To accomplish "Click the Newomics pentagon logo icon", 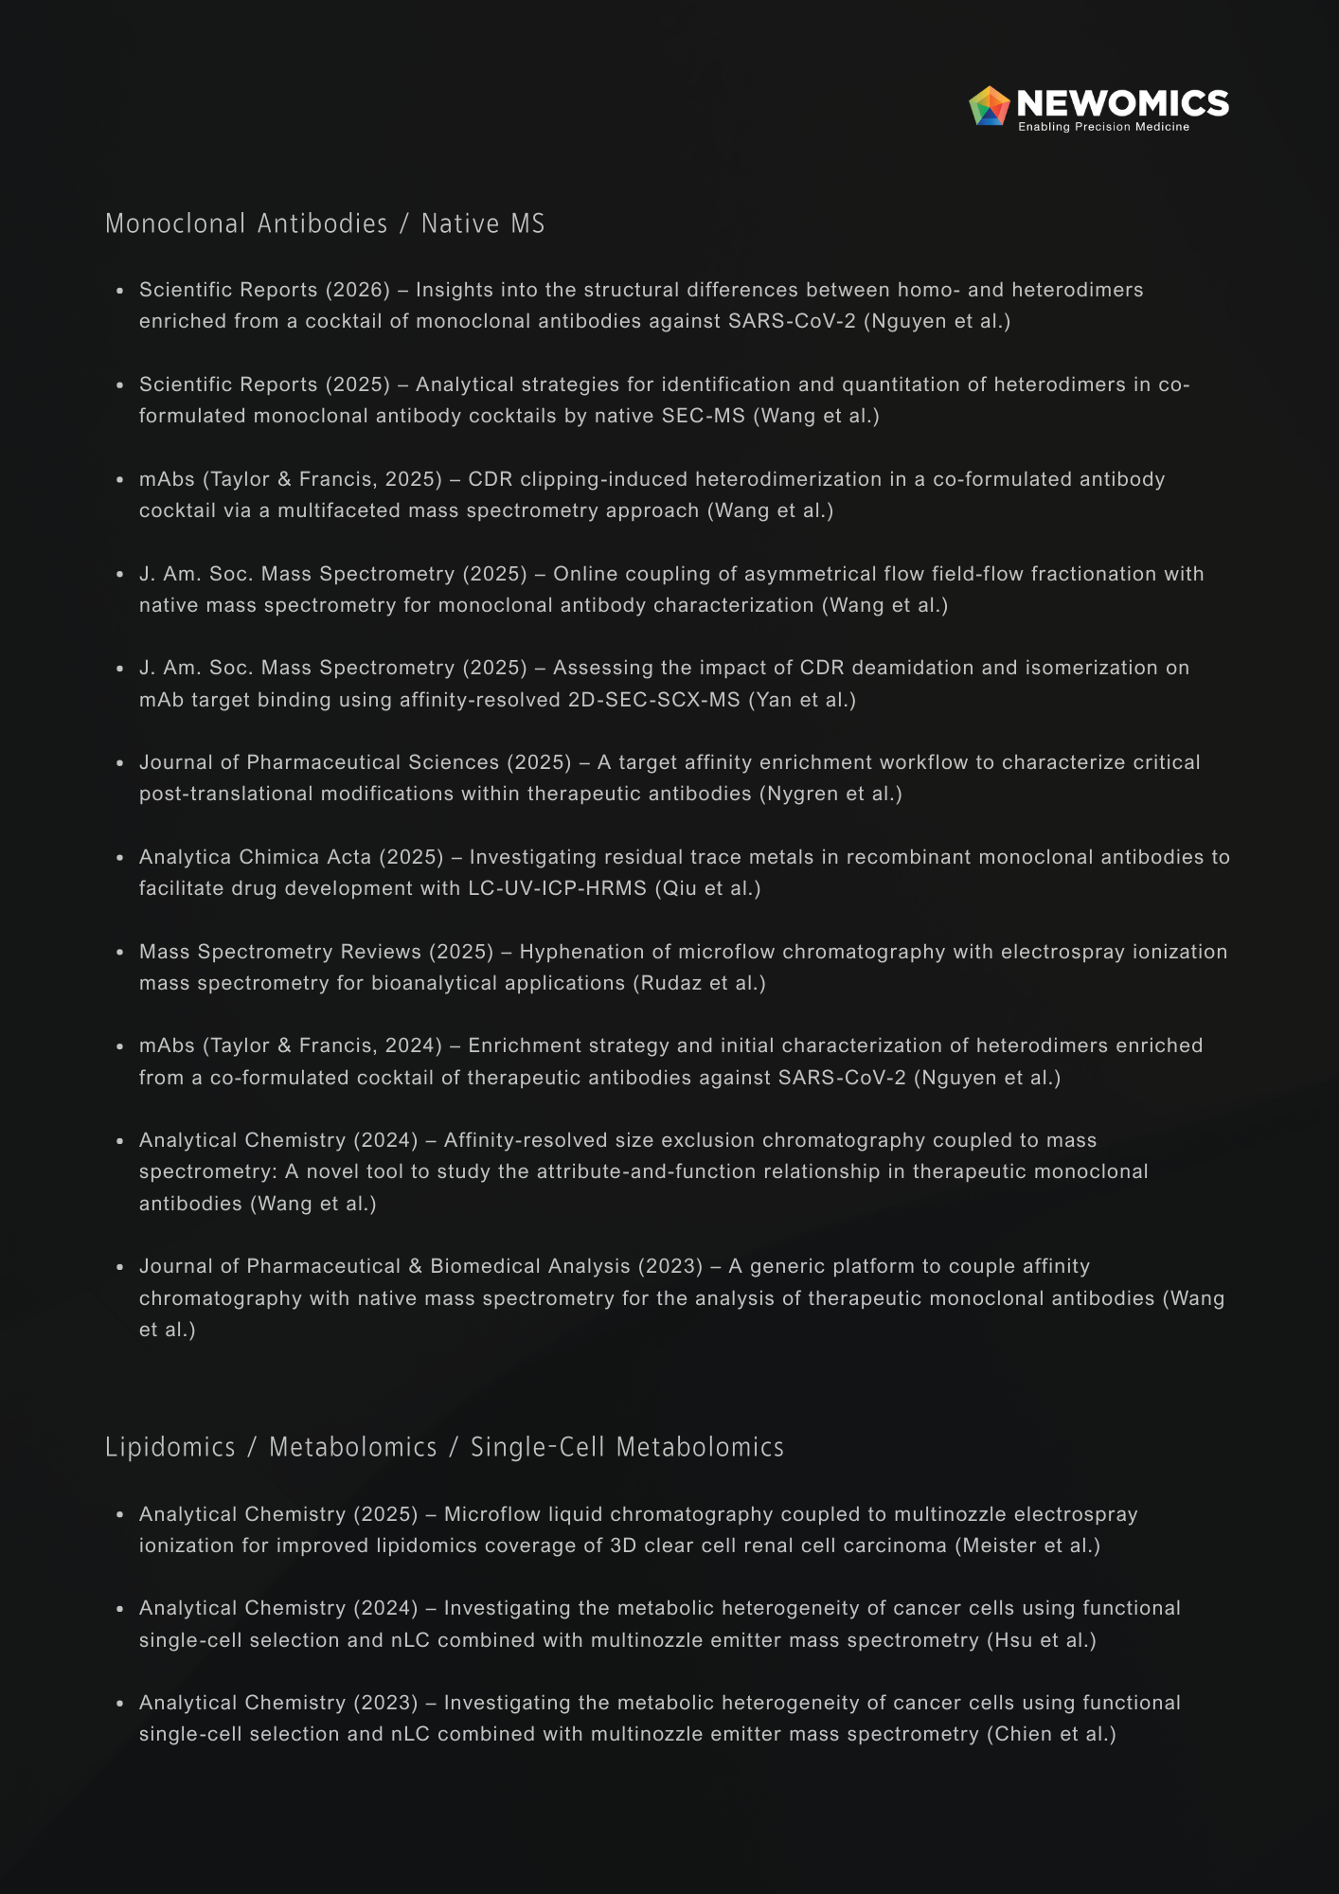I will tap(990, 106).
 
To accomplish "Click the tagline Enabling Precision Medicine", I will tap(1103, 127).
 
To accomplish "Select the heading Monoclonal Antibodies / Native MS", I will tap(325, 223).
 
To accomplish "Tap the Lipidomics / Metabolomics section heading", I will tap(444, 1447).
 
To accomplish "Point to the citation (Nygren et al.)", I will tap(830, 794).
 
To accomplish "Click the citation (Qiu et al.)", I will tap(707, 888).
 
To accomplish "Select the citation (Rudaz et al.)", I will tap(699, 983).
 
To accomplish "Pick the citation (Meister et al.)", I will tap(1027, 1546).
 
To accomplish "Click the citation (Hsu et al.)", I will tap(1042, 1640).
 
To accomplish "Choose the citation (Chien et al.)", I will tap(1051, 1734).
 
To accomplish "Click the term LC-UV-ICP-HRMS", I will tap(558, 888).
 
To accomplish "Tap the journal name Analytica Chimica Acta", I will tap(255, 857).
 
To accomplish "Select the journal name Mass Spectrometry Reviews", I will tap(280, 952).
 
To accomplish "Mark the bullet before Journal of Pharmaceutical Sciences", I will tap(120, 763).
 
